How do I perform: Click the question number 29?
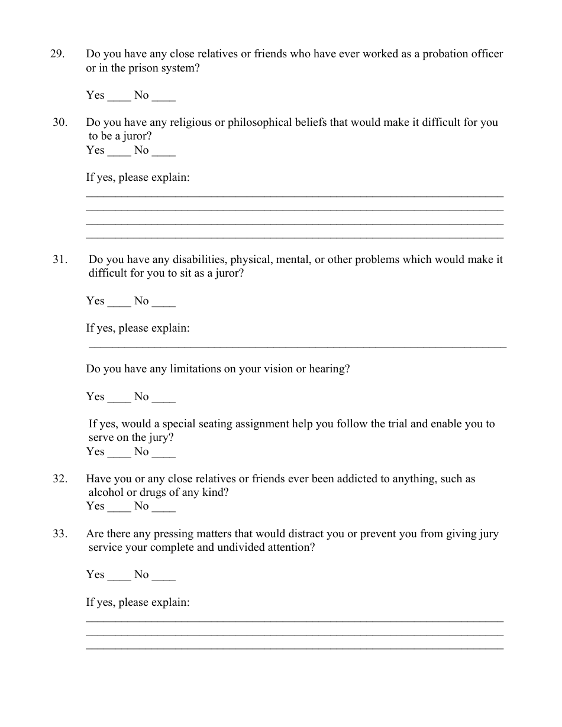[57, 54]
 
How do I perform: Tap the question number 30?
[60, 123]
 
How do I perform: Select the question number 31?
[60, 259]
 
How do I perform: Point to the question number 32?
[60, 479]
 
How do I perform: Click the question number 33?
[60, 534]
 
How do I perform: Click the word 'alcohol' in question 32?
[105, 492]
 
